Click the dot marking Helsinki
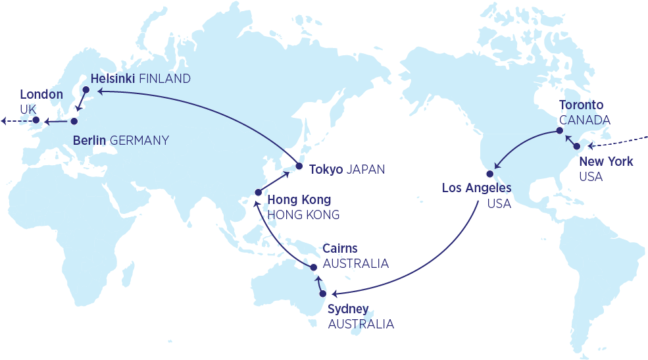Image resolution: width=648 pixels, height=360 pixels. (x=85, y=90)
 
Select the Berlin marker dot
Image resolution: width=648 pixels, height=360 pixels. (x=74, y=121)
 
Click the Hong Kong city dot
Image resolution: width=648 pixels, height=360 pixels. (x=258, y=193)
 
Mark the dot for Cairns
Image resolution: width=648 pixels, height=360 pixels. (x=314, y=267)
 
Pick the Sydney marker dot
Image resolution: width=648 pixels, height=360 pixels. (x=323, y=294)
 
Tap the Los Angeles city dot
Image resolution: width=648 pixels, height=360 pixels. (x=489, y=174)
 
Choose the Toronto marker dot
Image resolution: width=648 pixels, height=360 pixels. (x=559, y=130)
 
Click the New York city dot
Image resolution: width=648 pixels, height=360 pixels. (x=577, y=146)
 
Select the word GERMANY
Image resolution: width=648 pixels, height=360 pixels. (x=139, y=140)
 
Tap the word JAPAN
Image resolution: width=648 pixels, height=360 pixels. (x=365, y=169)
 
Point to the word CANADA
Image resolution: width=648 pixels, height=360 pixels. (x=584, y=120)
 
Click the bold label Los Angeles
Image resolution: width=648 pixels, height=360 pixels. (x=476, y=188)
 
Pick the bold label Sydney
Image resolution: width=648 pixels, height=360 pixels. (x=347, y=310)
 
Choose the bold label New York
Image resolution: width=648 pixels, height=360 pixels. (x=606, y=161)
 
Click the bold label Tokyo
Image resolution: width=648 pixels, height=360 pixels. (x=326, y=169)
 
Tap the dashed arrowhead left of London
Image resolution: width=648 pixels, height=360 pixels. (x=4, y=120)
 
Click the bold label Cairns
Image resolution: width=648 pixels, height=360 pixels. (x=340, y=249)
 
